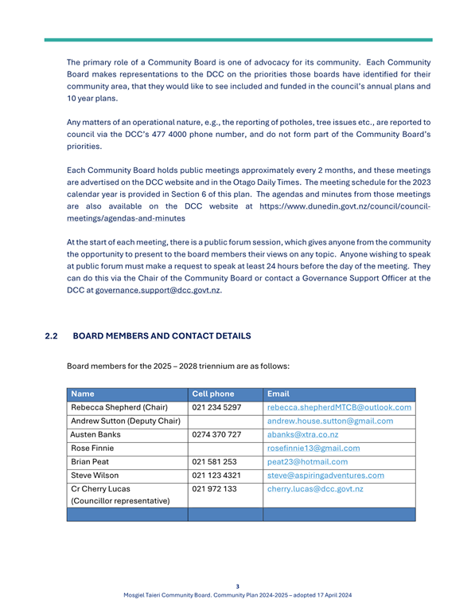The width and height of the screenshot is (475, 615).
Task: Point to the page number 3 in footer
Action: pos(237,586)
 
